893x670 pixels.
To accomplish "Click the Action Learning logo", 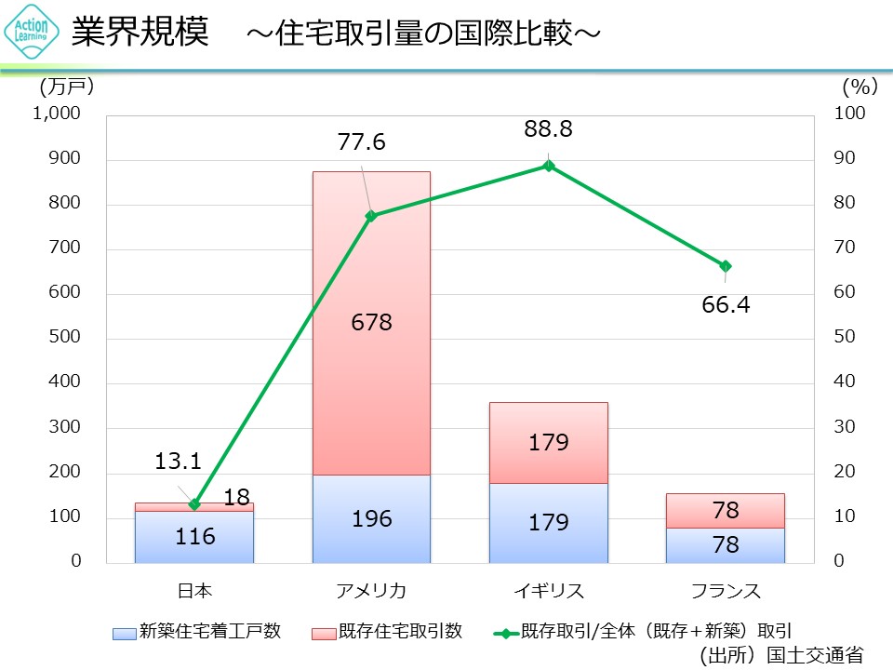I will tap(33, 33).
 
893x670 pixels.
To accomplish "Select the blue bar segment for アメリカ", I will tap(371, 518).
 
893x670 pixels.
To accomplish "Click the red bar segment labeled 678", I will tap(371, 323).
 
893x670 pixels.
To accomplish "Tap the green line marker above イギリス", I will tap(548, 166).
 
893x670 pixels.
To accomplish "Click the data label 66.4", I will tap(726, 304).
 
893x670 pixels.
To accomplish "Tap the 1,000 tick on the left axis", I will tap(58, 114).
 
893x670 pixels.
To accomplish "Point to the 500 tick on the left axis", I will tap(67, 338).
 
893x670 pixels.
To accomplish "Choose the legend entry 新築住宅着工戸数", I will tap(195, 632).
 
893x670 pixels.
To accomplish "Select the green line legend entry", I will tap(642, 632).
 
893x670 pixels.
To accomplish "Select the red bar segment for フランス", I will tap(726, 510).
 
